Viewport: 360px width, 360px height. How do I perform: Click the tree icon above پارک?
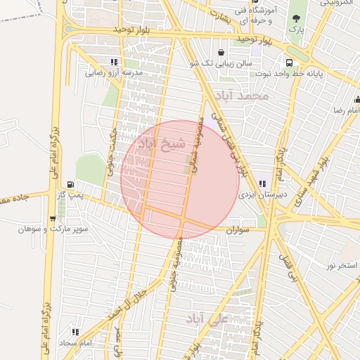click(297, 18)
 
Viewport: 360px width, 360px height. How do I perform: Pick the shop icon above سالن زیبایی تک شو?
click(221, 52)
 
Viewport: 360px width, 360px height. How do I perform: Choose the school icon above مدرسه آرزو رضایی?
click(114, 63)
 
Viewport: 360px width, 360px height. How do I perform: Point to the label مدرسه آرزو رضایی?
click(114, 72)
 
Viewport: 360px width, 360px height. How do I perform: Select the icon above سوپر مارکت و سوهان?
click(53, 219)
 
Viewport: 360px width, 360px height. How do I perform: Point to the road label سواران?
click(238, 229)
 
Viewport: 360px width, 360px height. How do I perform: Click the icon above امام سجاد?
click(75, 332)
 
